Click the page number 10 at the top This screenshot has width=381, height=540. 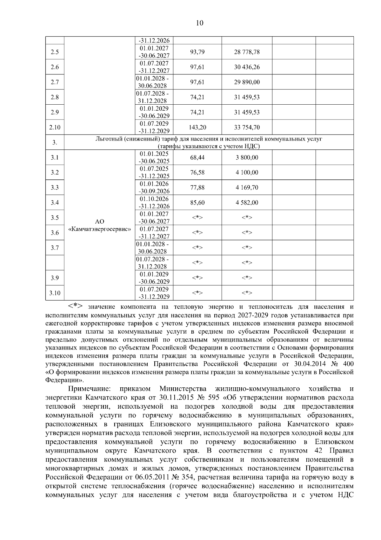[x=200, y=23]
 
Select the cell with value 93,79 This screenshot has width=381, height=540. [x=197, y=52]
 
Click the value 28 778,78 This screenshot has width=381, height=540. [x=247, y=52]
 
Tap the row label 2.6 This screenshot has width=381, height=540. [x=55, y=67]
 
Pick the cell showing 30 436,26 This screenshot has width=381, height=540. [x=247, y=67]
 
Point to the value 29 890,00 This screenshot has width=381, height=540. [x=247, y=82]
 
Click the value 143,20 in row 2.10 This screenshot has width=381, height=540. [x=197, y=128]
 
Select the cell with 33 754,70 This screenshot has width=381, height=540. [x=247, y=128]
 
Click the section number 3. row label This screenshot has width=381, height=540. [x=55, y=142]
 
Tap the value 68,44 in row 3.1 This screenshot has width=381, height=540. [x=197, y=157]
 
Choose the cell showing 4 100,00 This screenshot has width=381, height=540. [x=247, y=172]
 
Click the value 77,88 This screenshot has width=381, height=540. [x=197, y=188]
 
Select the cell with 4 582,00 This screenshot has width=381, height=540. [x=247, y=203]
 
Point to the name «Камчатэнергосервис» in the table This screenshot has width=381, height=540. [x=100, y=229]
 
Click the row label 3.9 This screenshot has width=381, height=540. [x=55, y=278]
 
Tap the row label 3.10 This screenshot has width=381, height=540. [x=55, y=293]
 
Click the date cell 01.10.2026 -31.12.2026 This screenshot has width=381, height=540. [x=154, y=203]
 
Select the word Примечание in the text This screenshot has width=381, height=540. [x=89, y=389]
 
